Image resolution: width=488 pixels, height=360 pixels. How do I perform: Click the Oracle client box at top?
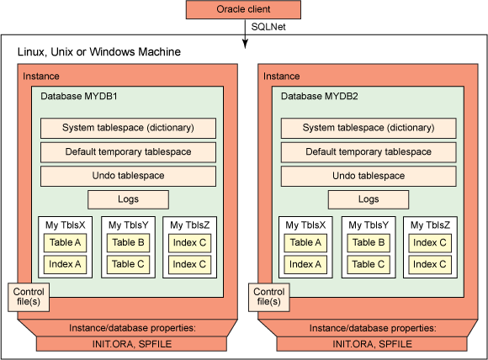pyautogui.click(x=244, y=11)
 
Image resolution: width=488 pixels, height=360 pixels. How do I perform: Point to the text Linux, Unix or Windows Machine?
pyautogui.click(x=99, y=53)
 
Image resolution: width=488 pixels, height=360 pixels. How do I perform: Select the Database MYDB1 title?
pyautogui.click(x=79, y=96)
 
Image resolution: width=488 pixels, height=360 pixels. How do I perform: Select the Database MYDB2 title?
pyautogui.click(x=320, y=96)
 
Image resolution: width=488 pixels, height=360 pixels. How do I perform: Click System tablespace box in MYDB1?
pyautogui.click(x=128, y=128)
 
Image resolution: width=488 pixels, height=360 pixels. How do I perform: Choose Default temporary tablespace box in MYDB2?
pyautogui.click(x=368, y=152)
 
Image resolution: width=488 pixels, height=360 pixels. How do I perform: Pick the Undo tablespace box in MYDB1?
pyautogui.click(x=128, y=176)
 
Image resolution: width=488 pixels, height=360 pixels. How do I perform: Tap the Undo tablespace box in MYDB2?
pyautogui.click(x=368, y=176)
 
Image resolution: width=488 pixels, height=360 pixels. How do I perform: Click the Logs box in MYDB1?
pyautogui.click(x=128, y=199)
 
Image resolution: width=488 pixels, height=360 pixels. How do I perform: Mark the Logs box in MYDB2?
pyautogui.click(x=368, y=199)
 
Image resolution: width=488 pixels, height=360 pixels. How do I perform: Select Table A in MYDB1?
pyautogui.click(x=66, y=243)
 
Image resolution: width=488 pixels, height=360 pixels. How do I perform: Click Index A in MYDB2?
pyautogui.click(x=305, y=264)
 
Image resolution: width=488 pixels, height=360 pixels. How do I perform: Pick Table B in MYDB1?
pyautogui.click(x=128, y=243)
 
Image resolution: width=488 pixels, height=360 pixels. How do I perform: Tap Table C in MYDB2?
pyautogui.click(x=368, y=264)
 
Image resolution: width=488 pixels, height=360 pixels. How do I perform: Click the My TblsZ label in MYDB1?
pyautogui.click(x=190, y=225)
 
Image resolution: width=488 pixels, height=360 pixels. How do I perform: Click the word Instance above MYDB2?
pyautogui.click(x=281, y=77)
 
